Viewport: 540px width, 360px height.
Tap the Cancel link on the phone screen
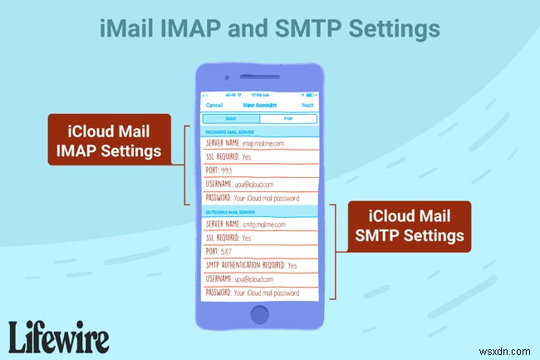pos(214,106)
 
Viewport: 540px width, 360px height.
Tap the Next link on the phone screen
pos(308,106)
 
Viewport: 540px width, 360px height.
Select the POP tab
pos(288,119)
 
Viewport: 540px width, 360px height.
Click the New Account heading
pos(260,106)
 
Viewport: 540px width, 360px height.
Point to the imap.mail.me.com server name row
pos(260,143)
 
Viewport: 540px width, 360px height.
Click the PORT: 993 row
pos(260,170)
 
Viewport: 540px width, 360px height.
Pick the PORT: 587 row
pos(260,250)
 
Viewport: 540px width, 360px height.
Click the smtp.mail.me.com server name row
pos(260,224)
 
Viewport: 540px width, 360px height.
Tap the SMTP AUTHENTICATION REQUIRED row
pos(260,264)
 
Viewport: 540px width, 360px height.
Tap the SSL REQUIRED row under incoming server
pos(260,156)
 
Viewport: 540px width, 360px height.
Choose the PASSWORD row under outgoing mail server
pos(260,293)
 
